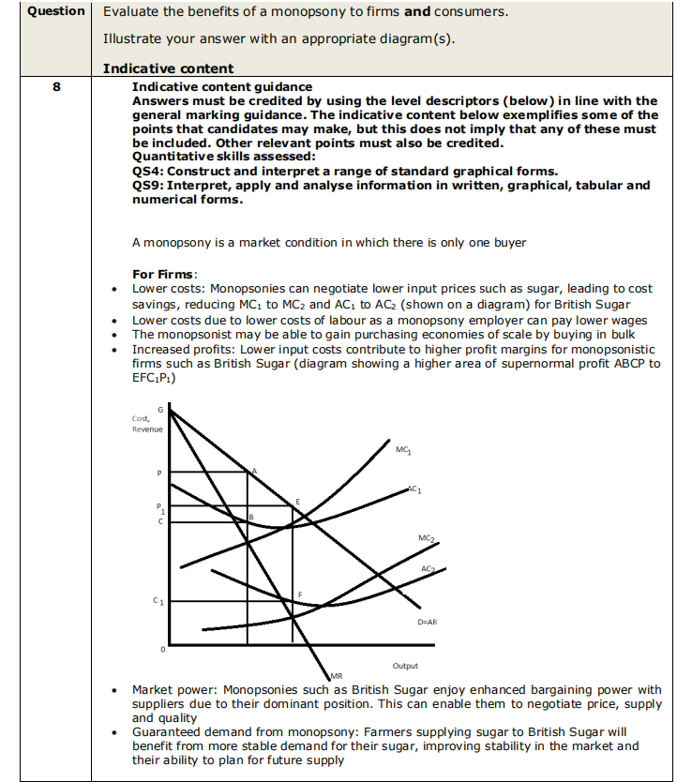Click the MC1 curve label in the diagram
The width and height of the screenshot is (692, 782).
(402, 450)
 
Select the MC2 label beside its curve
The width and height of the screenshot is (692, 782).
(426, 537)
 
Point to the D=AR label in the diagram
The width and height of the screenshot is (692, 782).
(427, 621)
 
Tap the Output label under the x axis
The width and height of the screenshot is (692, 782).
(405, 666)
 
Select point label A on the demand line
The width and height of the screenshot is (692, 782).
(253, 469)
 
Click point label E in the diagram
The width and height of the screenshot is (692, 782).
(298, 503)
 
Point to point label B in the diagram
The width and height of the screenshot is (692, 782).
(251, 517)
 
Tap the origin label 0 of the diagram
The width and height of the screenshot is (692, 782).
(161, 649)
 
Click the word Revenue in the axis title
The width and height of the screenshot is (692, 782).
(148, 429)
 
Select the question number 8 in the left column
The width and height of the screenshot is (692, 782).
(56, 87)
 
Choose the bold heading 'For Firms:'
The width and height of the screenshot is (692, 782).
(164, 274)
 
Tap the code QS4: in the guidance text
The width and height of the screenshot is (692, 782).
(150, 170)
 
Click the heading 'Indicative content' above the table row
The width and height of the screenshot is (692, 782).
(168, 68)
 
